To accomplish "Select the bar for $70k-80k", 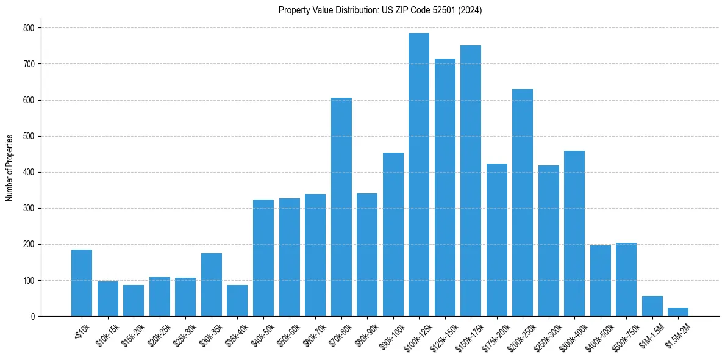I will pyautogui.click(x=341, y=207).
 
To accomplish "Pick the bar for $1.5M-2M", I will pyautogui.click(x=678, y=312).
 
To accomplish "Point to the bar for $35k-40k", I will pyautogui.click(x=237, y=301).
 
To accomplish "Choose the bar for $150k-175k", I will pyautogui.click(x=471, y=181).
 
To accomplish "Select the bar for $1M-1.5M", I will pyautogui.click(x=652, y=306).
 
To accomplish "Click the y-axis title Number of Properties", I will pyautogui.click(x=10, y=167).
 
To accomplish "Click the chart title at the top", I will pyautogui.click(x=380, y=10).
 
